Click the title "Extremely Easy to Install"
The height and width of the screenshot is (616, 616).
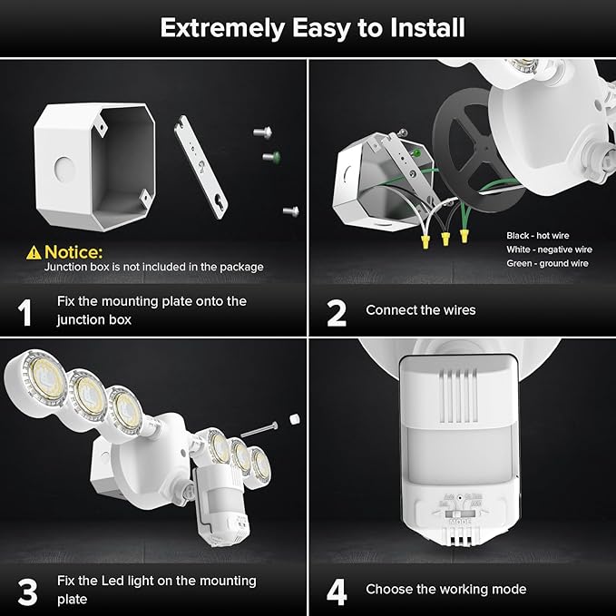point(312,27)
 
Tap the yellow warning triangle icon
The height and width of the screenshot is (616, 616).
point(34,251)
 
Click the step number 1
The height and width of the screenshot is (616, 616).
point(25,311)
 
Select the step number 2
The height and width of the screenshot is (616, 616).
point(337,311)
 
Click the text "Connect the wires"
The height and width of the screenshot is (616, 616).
point(420,310)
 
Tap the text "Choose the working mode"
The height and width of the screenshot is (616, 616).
point(445,590)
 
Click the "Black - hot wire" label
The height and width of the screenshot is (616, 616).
point(538,235)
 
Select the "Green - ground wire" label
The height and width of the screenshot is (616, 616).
point(547,263)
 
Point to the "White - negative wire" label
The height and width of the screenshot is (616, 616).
point(549,249)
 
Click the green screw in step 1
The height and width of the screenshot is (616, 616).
point(269,157)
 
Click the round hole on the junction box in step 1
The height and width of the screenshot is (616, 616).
point(64,169)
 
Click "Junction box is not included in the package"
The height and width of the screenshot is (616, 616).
point(154,267)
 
